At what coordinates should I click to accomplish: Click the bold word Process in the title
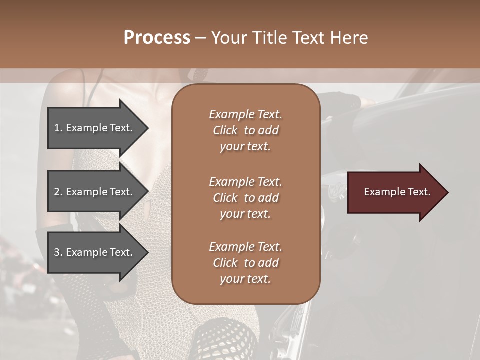(157, 38)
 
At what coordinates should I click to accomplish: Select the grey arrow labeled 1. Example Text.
(95, 128)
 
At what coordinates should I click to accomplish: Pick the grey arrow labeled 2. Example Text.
(95, 192)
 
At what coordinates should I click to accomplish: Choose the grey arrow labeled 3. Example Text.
(95, 252)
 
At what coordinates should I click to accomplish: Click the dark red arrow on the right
(395, 192)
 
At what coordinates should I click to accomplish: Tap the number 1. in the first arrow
(58, 128)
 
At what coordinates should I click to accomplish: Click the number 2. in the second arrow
(58, 192)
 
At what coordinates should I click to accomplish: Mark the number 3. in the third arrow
(58, 252)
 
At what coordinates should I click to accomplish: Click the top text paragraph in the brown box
(245, 130)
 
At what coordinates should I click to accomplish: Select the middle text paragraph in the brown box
(245, 198)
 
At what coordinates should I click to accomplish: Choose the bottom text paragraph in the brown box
(245, 263)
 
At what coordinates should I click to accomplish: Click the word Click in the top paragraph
(225, 130)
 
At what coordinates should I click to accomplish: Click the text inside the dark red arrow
(397, 192)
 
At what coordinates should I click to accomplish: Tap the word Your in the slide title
(229, 38)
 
